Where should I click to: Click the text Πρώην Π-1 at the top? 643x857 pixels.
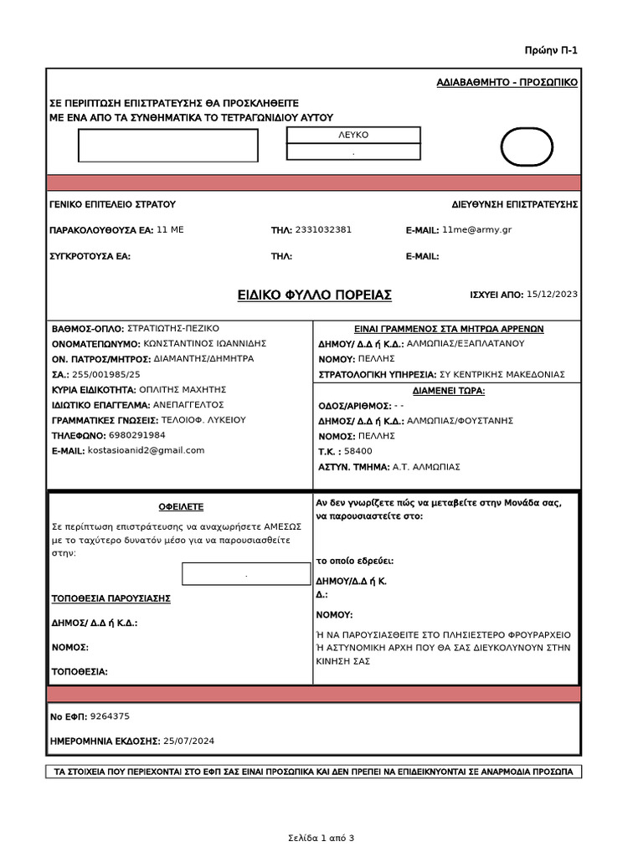pyautogui.click(x=551, y=50)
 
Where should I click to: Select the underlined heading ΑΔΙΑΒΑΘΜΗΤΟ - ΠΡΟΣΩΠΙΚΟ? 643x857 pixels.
pyautogui.click(x=507, y=82)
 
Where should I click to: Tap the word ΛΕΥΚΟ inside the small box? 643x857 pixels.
pyautogui.click(x=353, y=135)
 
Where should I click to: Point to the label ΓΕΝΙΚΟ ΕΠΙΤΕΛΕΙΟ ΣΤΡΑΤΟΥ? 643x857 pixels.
pyautogui.click(x=112, y=204)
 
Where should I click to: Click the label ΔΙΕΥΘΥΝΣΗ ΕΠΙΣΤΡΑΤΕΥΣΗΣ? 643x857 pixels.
pyautogui.click(x=514, y=204)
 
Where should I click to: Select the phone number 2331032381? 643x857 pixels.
pyautogui.click(x=323, y=229)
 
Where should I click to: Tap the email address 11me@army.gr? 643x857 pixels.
pyautogui.click(x=476, y=229)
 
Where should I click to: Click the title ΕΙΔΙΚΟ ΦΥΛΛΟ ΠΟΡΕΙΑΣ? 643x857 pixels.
pyautogui.click(x=314, y=295)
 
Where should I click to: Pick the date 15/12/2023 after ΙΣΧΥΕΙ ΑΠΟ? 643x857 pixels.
pyautogui.click(x=552, y=294)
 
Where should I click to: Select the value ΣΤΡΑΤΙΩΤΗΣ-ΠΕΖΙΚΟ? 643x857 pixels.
pyautogui.click(x=172, y=328)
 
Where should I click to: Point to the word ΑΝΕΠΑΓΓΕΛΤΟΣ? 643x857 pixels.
pyautogui.click(x=188, y=404)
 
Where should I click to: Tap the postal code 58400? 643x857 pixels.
pyautogui.click(x=358, y=451)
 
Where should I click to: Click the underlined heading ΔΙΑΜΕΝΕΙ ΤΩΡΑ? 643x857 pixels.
pyautogui.click(x=449, y=391)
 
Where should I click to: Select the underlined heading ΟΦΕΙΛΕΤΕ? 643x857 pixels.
pyautogui.click(x=181, y=507)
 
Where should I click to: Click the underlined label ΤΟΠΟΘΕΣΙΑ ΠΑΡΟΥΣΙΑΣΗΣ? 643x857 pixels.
pyautogui.click(x=111, y=598)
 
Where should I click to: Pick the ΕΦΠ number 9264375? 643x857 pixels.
pyautogui.click(x=110, y=716)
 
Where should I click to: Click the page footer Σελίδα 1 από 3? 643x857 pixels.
pyautogui.click(x=321, y=838)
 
